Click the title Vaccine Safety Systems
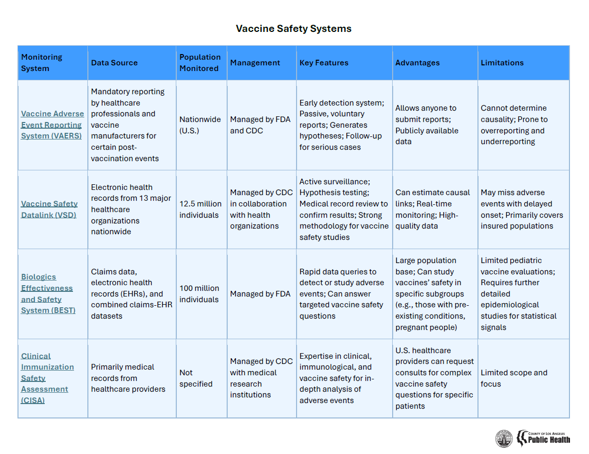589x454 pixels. point(293,29)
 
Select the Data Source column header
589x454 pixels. point(114,63)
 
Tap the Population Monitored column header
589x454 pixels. point(200,63)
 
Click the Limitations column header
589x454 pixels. point(502,63)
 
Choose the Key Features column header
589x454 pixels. point(324,63)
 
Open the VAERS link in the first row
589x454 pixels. point(52,125)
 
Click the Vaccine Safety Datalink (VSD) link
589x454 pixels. point(49,209)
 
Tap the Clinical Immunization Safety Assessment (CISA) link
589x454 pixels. point(47,378)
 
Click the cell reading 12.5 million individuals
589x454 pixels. point(200,209)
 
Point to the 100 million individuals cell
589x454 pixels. point(199,294)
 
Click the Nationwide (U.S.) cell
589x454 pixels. point(200,125)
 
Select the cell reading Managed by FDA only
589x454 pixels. point(260,294)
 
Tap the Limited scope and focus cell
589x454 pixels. point(514,378)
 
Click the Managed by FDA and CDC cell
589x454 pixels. point(260,125)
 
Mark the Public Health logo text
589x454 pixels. point(549,439)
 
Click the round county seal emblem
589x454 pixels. point(504,439)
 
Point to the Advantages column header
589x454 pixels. point(417,63)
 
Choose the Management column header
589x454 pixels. point(255,63)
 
